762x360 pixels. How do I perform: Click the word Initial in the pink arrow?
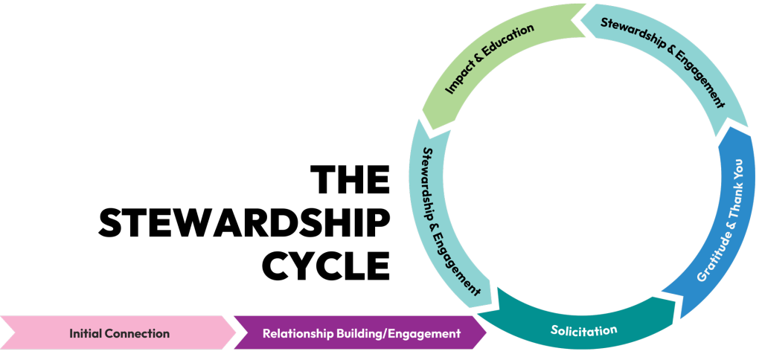85,333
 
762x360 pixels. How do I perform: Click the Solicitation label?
583,330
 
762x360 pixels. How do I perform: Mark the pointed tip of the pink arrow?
233,332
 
